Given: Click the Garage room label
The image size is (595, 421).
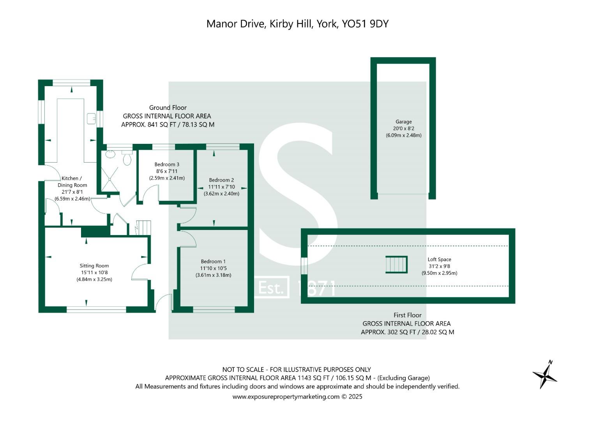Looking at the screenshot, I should [x=403, y=122].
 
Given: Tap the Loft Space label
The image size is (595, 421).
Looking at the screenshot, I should [x=439, y=259].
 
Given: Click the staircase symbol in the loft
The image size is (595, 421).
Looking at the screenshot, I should [x=396, y=265].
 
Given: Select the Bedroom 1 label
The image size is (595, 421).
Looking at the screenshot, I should [x=213, y=262].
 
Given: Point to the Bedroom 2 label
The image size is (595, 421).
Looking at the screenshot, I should [x=221, y=180].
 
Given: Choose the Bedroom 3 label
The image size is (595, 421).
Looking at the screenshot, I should [x=167, y=165].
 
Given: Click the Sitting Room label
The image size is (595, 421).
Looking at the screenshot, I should [x=94, y=266].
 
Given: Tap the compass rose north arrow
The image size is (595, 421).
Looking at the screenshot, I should [x=545, y=375].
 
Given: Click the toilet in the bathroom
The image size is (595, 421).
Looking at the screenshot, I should [x=127, y=159].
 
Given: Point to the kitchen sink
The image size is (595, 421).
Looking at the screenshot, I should [x=92, y=118].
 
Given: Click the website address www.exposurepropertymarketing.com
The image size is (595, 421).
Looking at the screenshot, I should [x=286, y=397].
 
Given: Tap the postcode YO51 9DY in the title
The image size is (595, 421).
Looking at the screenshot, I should [x=365, y=24].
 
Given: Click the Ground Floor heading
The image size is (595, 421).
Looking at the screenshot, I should [x=168, y=108].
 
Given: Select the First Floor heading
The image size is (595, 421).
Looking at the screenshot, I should [x=407, y=315].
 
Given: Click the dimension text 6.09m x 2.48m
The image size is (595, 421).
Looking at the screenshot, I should [x=403, y=135].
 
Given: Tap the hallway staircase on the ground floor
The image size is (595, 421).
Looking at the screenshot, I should [x=144, y=228].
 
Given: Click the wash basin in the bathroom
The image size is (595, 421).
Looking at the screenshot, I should [x=110, y=154].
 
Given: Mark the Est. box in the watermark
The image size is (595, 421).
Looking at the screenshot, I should [x=271, y=288].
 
